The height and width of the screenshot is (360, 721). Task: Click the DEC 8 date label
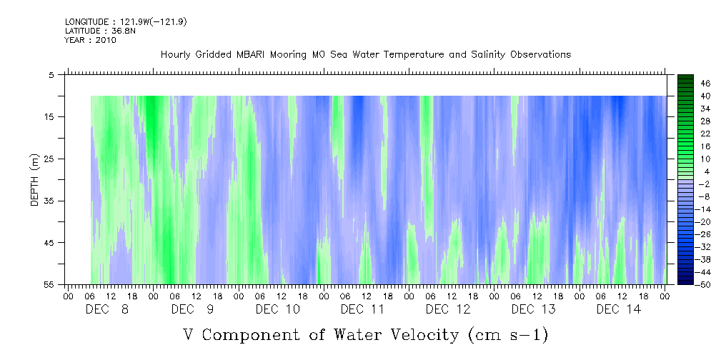pos(107,309)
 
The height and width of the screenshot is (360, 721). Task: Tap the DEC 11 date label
pos(362,309)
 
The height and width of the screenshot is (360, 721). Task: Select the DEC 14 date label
pos(619,309)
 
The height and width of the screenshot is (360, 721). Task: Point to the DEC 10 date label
pos(277,309)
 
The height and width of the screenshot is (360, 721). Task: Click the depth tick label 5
pos(51,74)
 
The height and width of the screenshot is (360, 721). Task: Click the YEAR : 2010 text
pos(91,40)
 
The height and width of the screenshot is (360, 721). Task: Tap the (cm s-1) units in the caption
pos(507,334)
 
